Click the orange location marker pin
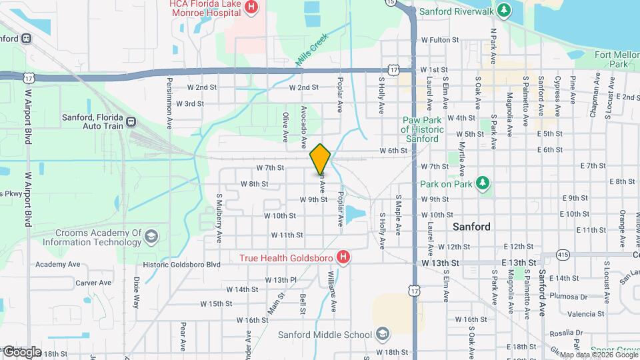pos(320,158)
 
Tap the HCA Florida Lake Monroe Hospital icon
pos(251,8)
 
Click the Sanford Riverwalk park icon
pos(505,11)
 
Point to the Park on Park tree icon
pos(483,183)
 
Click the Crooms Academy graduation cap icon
pos(152,237)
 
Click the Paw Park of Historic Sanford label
pos(420,129)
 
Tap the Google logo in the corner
pos(21,351)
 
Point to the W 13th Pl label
pos(285,279)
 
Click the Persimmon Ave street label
pos(169,103)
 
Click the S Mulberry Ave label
pos(218,217)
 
